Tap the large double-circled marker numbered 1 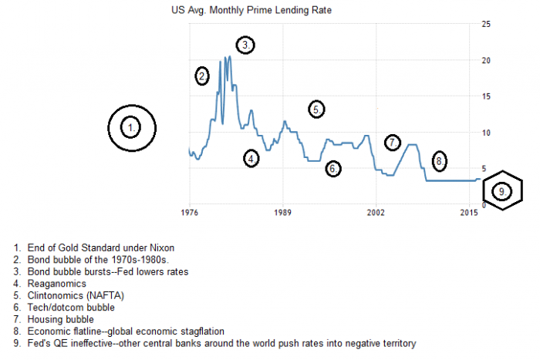point(132,127)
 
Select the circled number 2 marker point(202,76)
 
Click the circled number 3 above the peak point(245,45)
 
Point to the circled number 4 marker point(251,159)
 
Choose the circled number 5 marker point(316,109)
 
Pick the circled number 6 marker point(332,168)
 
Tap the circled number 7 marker point(393,143)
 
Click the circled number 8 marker point(438,161)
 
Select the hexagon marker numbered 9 point(501,190)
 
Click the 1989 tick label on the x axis point(282,213)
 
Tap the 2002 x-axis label point(376,213)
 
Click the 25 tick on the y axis point(486,24)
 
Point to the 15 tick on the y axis point(486,96)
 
